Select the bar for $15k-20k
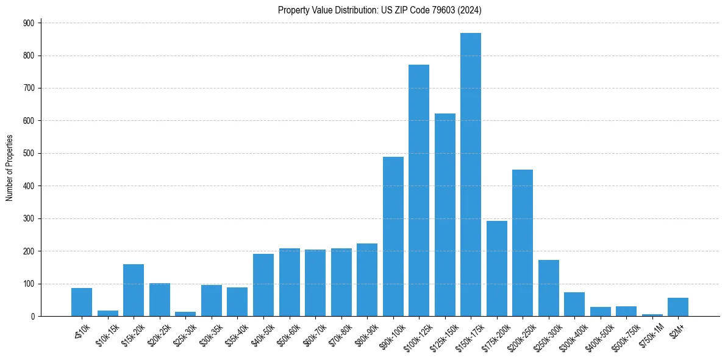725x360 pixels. [x=134, y=290]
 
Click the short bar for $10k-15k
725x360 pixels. [x=108, y=314]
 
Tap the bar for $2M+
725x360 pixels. [x=678, y=307]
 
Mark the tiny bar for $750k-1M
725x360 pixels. [x=652, y=315]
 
